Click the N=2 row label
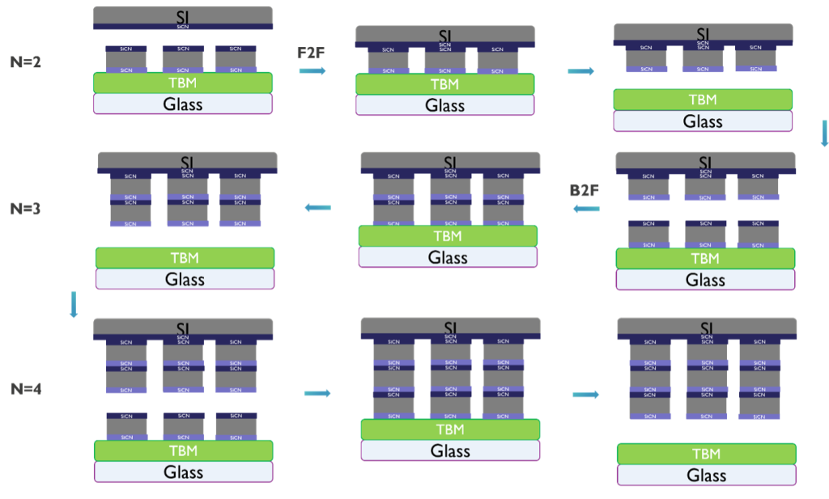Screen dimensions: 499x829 click(25, 61)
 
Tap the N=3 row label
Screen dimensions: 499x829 click(25, 209)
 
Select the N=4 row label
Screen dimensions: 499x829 click(25, 389)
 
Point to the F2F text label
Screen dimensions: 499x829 click(312, 53)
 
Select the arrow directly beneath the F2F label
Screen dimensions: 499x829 click(312, 71)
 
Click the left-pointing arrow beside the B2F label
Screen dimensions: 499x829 click(586, 209)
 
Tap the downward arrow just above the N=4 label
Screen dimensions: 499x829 click(74, 304)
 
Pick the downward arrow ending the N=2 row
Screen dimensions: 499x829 click(824, 133)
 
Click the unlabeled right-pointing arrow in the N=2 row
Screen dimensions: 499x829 click(580, 71)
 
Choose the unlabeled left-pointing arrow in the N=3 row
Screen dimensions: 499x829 click(317, 208)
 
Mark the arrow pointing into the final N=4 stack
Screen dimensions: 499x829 click(586, 395)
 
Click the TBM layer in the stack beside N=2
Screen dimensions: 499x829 click(182, 82)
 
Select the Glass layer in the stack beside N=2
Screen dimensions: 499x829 click(182, 104)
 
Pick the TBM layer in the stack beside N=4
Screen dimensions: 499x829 click(182, 450)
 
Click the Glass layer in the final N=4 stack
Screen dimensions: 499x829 click(706, 475)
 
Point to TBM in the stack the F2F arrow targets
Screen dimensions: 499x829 click(444, 84)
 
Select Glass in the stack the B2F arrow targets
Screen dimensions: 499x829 click(448, 257)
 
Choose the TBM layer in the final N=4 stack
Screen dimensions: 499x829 click(706, 454)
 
